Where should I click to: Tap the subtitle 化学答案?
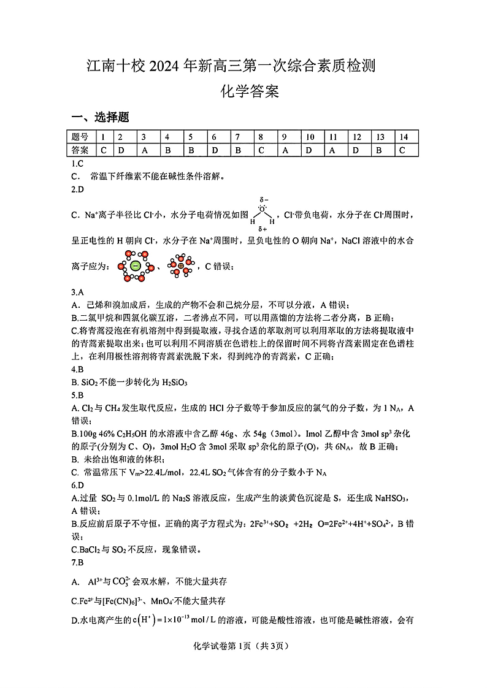click(x=250, y=92)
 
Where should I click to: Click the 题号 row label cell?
click(x=80, y=137)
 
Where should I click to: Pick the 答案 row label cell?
click(x=80, y=150)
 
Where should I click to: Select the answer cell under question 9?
click(x=285, y=150)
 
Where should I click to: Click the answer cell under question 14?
click(x=402, y=150)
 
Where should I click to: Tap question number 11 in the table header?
click(x=333, y=137)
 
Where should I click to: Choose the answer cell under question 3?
click(x=144, y=150)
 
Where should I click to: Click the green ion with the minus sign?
click(x=135, y=266)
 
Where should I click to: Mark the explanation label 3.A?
click(x=77, y=293)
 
